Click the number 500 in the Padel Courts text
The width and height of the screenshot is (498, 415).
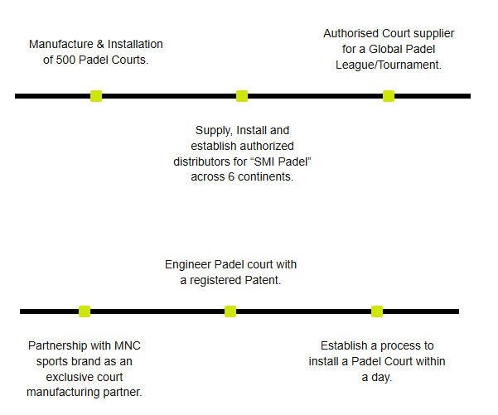point(68,60)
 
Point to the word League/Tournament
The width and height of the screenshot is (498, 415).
point(394,65)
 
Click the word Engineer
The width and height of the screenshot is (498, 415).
point(190,265)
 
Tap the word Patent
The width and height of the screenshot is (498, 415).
point(261,281)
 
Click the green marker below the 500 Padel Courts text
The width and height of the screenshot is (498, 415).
point(96,96)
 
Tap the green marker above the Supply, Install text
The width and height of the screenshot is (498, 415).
point(242,96)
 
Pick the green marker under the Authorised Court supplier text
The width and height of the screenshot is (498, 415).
point(389,96)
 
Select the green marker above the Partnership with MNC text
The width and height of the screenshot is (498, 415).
point(85,311)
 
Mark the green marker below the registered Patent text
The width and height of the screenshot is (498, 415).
point(230,311)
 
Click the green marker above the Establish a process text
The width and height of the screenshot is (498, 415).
point(377,311)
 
